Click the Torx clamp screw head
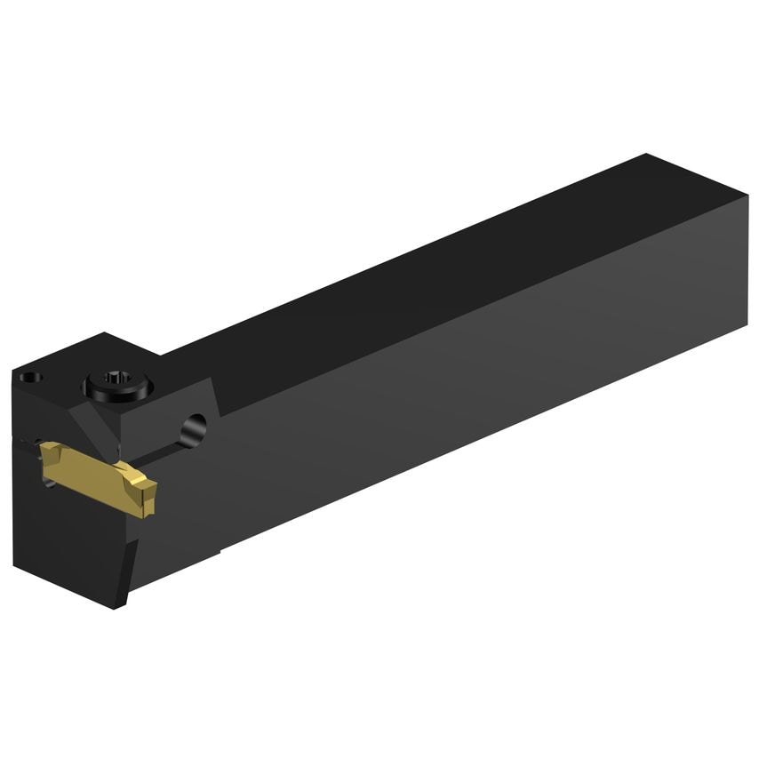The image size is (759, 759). tap(118, 386)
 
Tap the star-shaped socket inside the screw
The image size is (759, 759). tap(118, 383)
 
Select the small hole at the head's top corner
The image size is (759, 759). tap(33, 377)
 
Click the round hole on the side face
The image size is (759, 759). tap(193, 429)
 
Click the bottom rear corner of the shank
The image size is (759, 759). tap(747, 326)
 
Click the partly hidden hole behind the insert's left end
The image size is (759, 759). tap(50, 481)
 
